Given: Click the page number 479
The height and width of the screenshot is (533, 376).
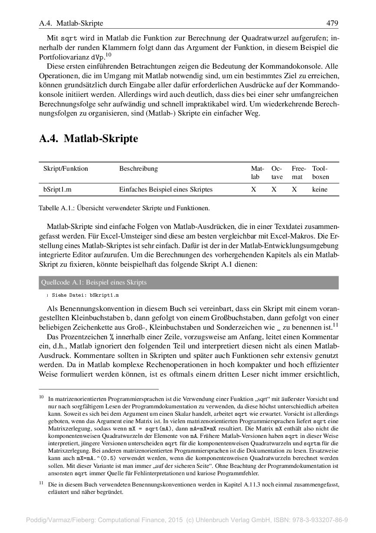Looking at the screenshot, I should pyautogui.click(x=332, y=23).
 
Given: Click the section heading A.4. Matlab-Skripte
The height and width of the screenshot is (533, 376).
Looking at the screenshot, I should pyautogui.click(x=88, y=139).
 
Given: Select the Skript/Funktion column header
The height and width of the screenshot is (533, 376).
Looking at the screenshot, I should pyautogui.click(x=65, y=169).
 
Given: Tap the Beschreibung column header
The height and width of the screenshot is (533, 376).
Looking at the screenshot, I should pyautogui.click(x=138, y=169).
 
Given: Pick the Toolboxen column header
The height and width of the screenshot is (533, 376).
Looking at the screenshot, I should pyautogui.click(x=320, y=173).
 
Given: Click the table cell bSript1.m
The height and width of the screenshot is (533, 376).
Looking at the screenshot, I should pyautogui.click(x=57, y=189).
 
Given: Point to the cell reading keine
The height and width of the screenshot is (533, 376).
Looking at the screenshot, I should pyautogui.click(x=320, y=189).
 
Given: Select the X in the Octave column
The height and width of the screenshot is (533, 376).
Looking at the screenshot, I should pyautogui.click(x=274, y=189).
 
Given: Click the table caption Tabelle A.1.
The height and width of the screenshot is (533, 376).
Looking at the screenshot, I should pyautogui.click(x=124, y=208).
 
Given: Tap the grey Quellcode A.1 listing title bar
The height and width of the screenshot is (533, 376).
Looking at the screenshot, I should pyautogui.click(x=189, y=282).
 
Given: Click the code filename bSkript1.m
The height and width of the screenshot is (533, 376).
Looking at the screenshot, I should pyautogui.click(x=104, y=295).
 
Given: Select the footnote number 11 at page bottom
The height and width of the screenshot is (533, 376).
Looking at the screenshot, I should pyautogui.click(x=42, y=482).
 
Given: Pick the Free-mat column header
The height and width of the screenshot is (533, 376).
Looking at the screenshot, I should pyautogui.click(x=298, y=173).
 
